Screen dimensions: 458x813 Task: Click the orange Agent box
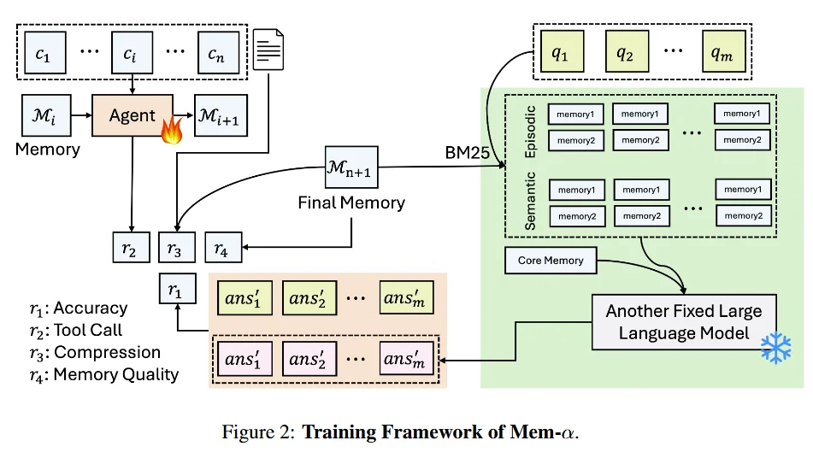tap(132, 115)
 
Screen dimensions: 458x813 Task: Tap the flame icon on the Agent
tap(172, 129)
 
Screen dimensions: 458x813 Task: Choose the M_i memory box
tap(42, 115)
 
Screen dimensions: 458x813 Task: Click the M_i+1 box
tap(221, 115)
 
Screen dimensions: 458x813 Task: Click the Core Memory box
tap(551, 261)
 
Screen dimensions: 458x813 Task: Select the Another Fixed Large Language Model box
tap(683, 321)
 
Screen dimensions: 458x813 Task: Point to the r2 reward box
tap(130, 249)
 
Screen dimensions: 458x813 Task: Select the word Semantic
tap(530, 201)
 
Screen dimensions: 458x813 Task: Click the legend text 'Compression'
tap(107, 352)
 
